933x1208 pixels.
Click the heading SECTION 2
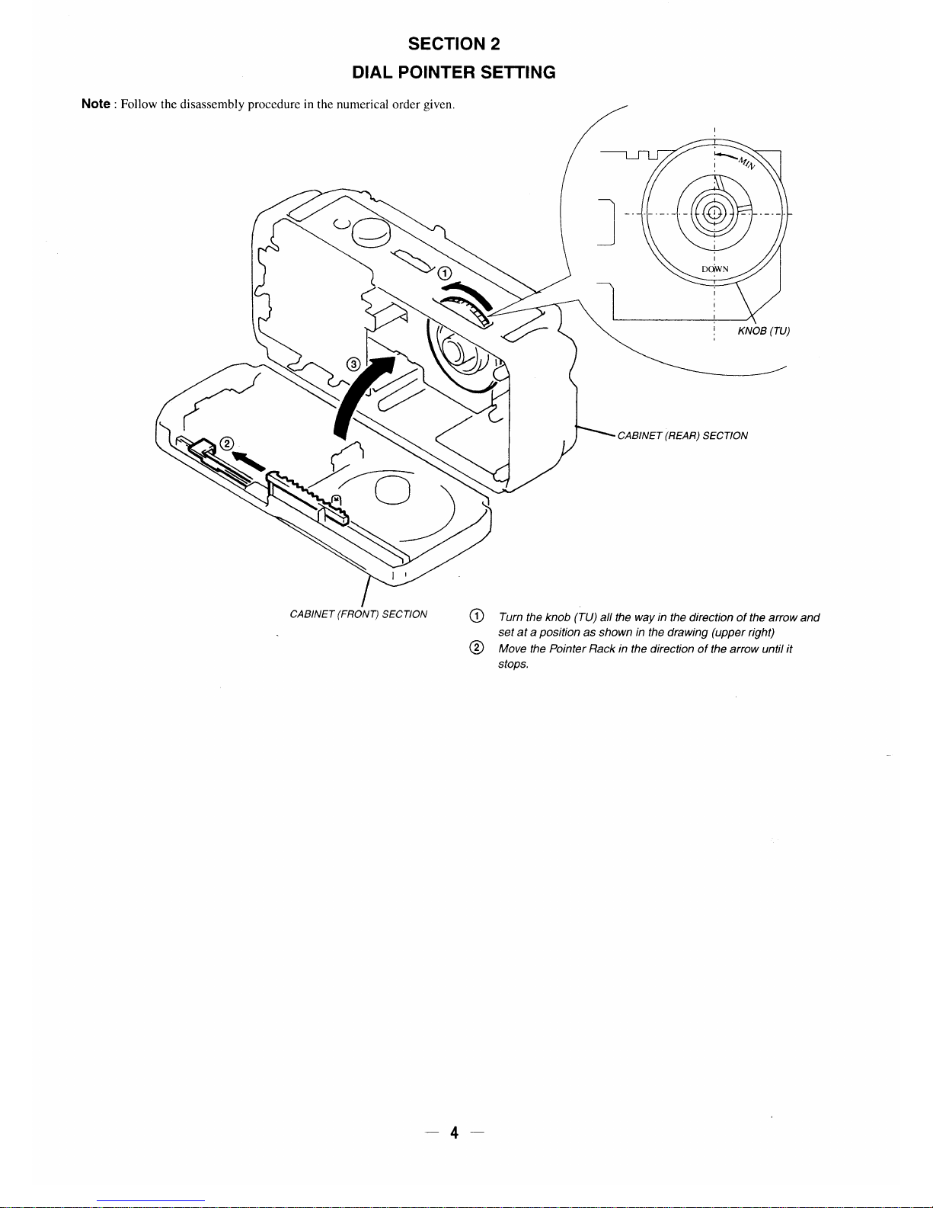pyautogui.click(x=453, y=43)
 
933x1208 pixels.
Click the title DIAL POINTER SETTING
pyautogui.click(x=453, y=72)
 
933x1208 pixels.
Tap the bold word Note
pyautogui.click(x=96, y=104)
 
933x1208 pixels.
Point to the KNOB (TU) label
pyautogui.click(x=764, y=331)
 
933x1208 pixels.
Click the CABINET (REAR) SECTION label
pyautogui.click(x=682, y=436)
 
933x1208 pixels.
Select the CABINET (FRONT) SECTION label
pyautogui.click(x=359, y=614)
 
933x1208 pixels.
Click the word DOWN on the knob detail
pyautogui.click(x=715, y=269)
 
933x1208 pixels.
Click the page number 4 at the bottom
pyautogui.click(x=454, y=1133)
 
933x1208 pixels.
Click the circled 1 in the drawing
pyautogui.click(x=444, y=274)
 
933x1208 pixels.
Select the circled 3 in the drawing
pyautogui.click(x=353, y=364)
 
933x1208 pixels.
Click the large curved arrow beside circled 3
pyautogui.click(x=364, y=396)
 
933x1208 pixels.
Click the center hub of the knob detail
pyautogui.click(x=714, y=213)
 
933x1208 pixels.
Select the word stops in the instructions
pyautogui.click(x=513, y=665)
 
